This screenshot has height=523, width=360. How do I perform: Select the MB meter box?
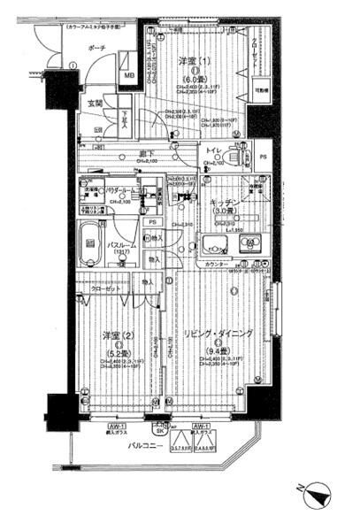point(128,74)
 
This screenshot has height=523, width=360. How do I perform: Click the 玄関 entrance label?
point(95,104)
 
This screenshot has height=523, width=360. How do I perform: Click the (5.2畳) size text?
point(112,350)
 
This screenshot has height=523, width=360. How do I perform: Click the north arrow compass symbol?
point(318,496)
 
